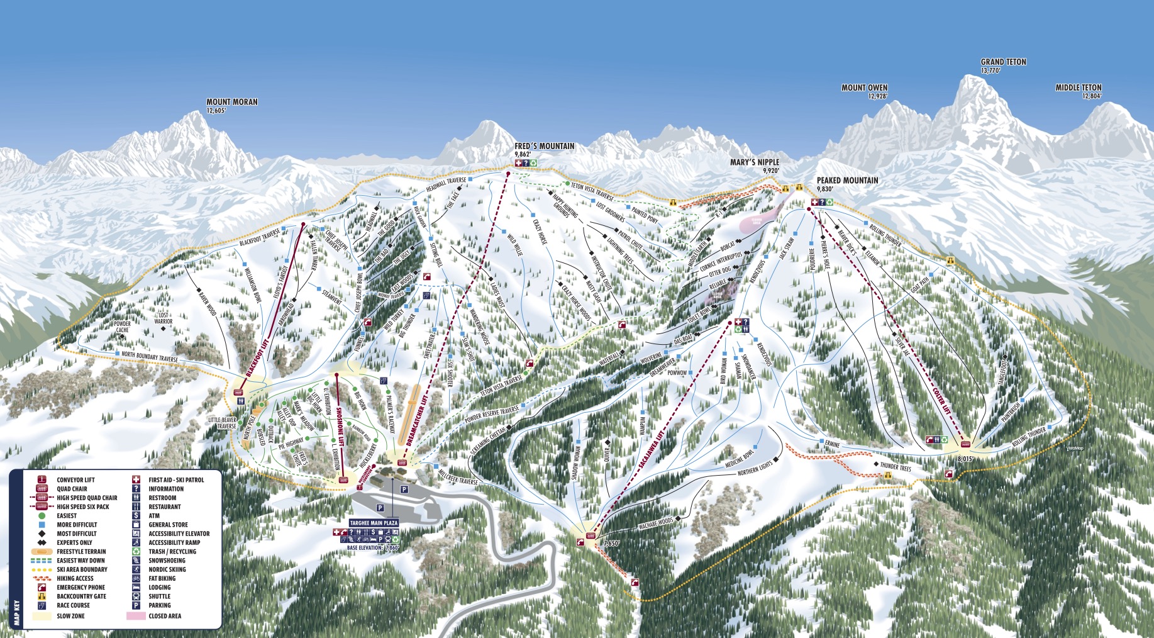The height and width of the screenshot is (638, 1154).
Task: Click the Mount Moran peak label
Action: [x=232, y=102]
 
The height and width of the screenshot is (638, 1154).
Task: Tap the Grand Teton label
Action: [x=1003, y=62]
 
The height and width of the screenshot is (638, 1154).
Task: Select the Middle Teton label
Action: [x=1079, y=88]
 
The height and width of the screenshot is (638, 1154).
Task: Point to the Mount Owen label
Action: [x=864, y=88]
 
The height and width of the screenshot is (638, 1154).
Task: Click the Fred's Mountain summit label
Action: [x=544, y=147]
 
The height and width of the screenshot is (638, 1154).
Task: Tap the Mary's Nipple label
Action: [x=754, y=162]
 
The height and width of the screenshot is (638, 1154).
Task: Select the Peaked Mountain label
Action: [x=847, y=181]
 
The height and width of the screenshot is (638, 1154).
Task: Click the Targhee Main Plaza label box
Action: [x=374, y=523]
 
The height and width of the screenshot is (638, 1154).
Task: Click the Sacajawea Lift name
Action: [x=652, y=449]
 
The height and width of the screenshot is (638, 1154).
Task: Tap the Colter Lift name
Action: [x=941, y=400]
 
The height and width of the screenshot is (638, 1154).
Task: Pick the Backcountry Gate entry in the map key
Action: [x=81, y=596]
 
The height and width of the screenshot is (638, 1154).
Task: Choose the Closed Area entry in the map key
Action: [x=165, y=616]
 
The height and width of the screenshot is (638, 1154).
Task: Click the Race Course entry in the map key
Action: [x=73, y=605]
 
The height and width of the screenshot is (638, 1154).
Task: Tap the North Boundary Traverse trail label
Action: [x=149, y=357]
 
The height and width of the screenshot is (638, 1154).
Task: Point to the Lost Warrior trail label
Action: [x=164, y=318]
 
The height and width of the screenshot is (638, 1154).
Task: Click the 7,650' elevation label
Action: [x=611, y=543]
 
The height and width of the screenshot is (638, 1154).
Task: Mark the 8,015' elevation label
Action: [x=965, y=459]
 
